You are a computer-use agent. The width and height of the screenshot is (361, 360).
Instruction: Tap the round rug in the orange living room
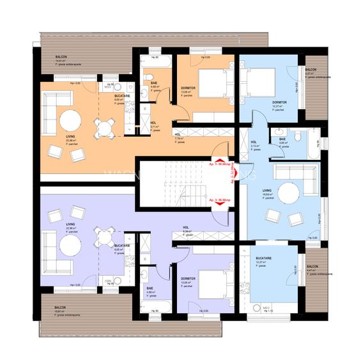(69, 120)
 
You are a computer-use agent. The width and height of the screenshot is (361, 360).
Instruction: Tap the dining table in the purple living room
(104, 239)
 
